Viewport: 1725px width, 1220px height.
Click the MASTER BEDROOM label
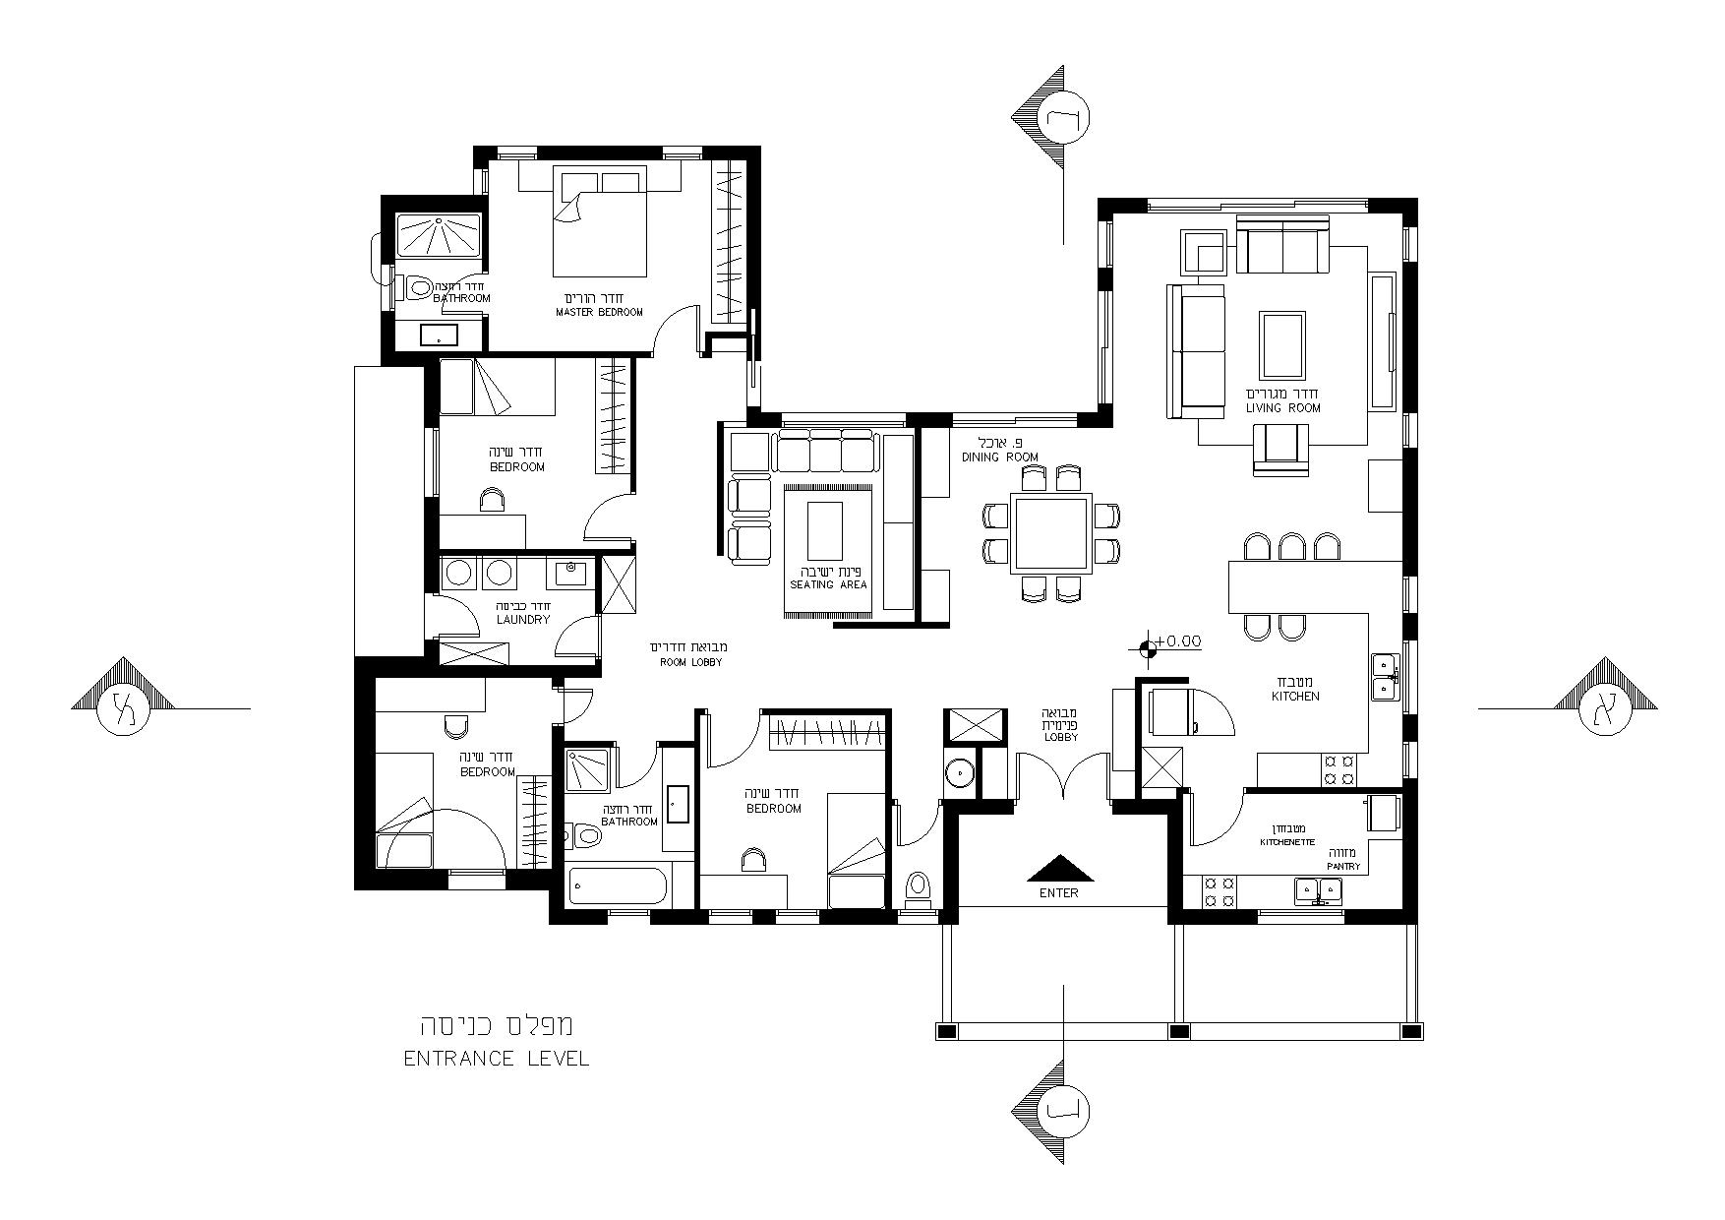[599, 312]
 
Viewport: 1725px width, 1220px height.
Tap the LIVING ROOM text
[1283, 407]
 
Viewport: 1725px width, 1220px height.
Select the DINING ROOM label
[1000, 457]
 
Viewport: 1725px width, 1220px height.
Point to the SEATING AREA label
[828, 584]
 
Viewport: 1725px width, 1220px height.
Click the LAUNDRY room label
[522, 620]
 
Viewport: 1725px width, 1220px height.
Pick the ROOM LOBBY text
[690, 662]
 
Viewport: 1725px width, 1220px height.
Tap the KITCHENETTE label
[1287, 843]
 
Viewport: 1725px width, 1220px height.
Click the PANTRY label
[1342, 867]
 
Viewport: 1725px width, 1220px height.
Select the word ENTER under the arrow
[1059, 893]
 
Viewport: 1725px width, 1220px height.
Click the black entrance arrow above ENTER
[1060, 869]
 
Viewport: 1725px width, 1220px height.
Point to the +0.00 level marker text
[1178, 641]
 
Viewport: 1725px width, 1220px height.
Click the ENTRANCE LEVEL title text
[497, 1060]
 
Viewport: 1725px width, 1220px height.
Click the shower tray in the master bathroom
[439, 236]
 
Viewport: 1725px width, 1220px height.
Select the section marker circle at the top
[1063, 118]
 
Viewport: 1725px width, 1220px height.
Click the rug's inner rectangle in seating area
[825, 530]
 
